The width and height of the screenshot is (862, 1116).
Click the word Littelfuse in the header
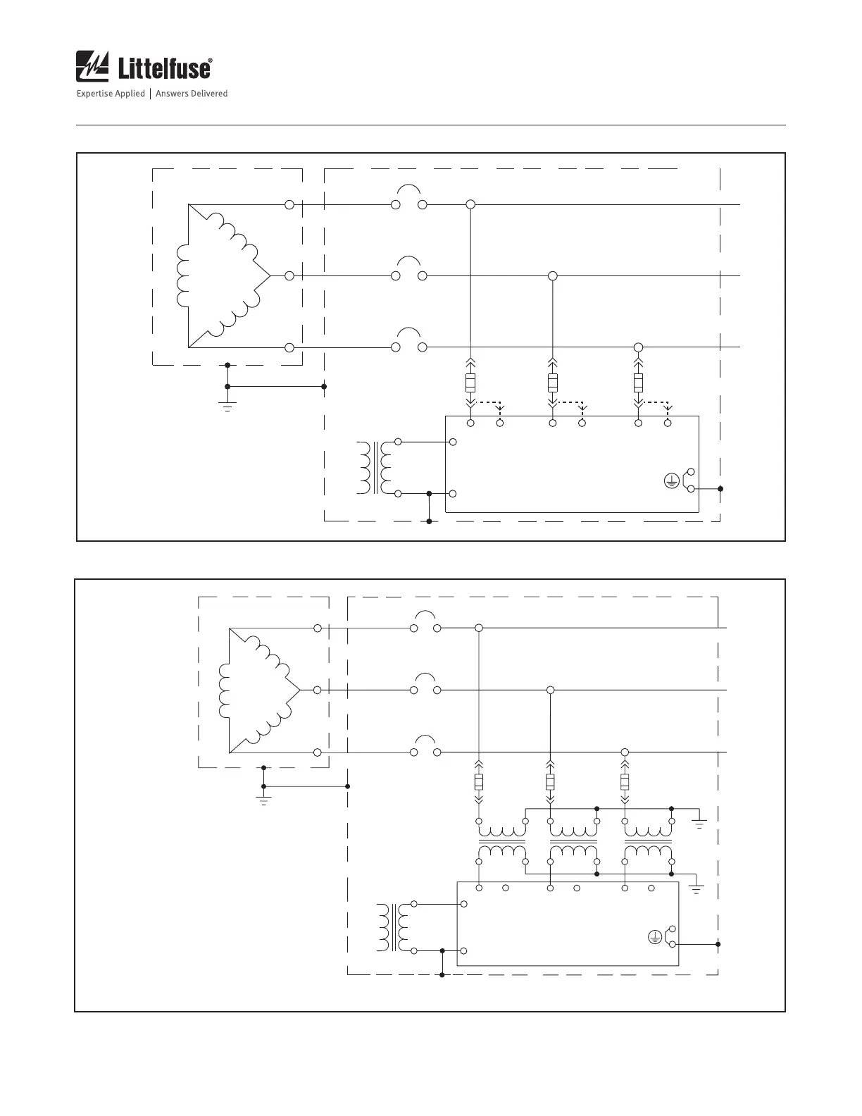[x=163, y=69]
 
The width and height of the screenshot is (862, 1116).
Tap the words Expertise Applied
[x=111, y=94]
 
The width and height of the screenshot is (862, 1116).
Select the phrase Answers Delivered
[x=192, y=94]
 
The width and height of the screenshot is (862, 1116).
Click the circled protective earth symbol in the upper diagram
[x=671, y=481]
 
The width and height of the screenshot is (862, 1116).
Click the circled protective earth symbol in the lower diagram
[x=654, y=937]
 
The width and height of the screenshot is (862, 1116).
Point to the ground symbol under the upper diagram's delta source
[x=227, y=405]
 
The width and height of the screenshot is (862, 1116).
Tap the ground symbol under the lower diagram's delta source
[x=263, y=800]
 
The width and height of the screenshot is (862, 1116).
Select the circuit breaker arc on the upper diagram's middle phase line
[x=409, y=261]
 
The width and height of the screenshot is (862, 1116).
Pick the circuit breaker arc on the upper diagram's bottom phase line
[x=409, y=332]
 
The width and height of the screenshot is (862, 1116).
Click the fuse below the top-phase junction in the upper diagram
[x=471, y=383]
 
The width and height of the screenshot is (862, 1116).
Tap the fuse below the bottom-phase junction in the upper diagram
[x=638, y=383]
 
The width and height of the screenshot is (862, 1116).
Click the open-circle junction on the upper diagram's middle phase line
[x=553, y=276]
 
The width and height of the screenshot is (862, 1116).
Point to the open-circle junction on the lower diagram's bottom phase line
[x=624, y=752]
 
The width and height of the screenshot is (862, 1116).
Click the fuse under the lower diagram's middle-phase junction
[x=551, y=782]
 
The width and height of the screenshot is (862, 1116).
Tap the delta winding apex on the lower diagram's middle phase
[x=300, y=690]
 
